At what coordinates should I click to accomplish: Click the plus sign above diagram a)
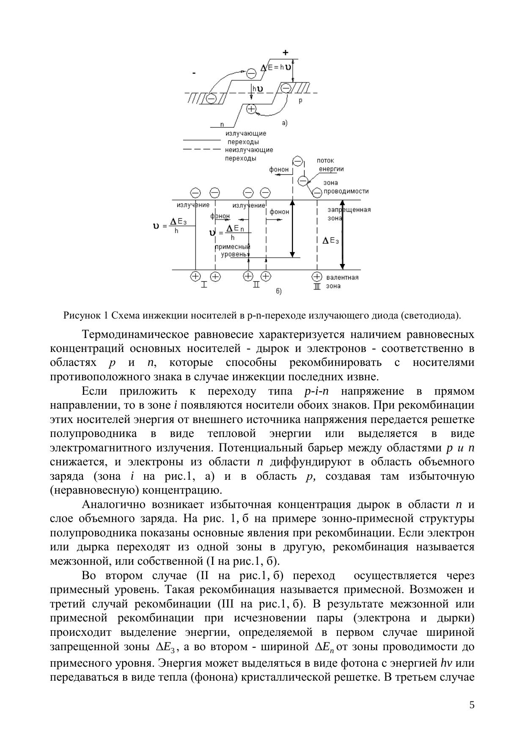pos(286,52)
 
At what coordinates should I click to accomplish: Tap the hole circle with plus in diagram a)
pos(251,109)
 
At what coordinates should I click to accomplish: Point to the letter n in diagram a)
pos(222,124)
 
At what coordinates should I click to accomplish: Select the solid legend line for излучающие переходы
pos(201,139)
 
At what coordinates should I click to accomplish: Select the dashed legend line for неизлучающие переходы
pos(201,149)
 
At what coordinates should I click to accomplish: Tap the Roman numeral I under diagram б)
pos(204,285)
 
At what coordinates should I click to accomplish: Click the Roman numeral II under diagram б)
pos(256,285)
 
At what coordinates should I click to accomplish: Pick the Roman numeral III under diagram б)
pos(317,286)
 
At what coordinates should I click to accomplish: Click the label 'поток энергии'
pos(330,165)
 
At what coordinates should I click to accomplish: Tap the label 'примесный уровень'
pos(232,250)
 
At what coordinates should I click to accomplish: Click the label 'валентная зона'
pos(342,281)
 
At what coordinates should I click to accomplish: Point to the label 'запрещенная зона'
pos(349,214)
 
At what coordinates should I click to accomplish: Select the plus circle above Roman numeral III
pos(317,276)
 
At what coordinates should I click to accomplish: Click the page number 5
pos(472,705)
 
